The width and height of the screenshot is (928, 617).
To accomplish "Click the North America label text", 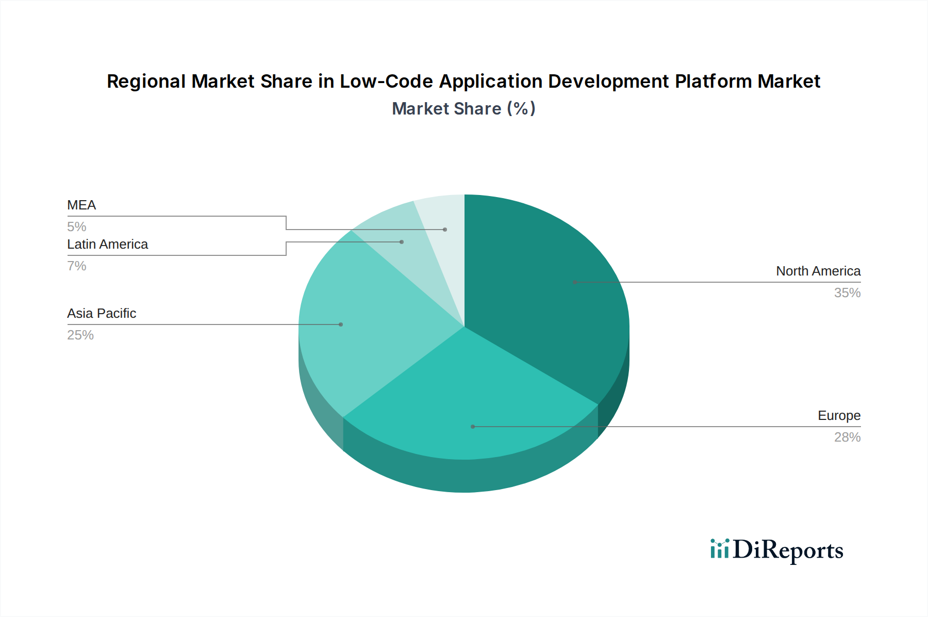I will coord(818,271).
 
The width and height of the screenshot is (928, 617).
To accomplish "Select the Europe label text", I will coord(839,416).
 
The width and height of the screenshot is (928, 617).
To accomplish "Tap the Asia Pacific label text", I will coord(102,314).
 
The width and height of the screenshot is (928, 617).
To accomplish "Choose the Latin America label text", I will coord(107,245).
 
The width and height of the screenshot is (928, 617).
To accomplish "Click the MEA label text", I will coord(81,205).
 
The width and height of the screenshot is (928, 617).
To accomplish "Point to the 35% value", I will coord(847,293).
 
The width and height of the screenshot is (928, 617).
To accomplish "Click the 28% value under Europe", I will coord(847,437).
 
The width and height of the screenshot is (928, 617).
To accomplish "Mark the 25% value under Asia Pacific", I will coord(80,335).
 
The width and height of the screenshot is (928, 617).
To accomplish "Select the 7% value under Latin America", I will coord(76,266).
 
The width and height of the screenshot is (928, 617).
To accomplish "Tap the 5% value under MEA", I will coord(76,227).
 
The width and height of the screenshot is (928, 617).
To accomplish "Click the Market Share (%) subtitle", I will coord(463,109).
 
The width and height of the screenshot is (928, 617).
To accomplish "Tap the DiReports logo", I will coord(776,550).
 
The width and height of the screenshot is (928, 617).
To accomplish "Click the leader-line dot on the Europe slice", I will coord(473,427).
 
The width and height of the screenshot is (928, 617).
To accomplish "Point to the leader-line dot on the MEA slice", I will coord(445,230).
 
